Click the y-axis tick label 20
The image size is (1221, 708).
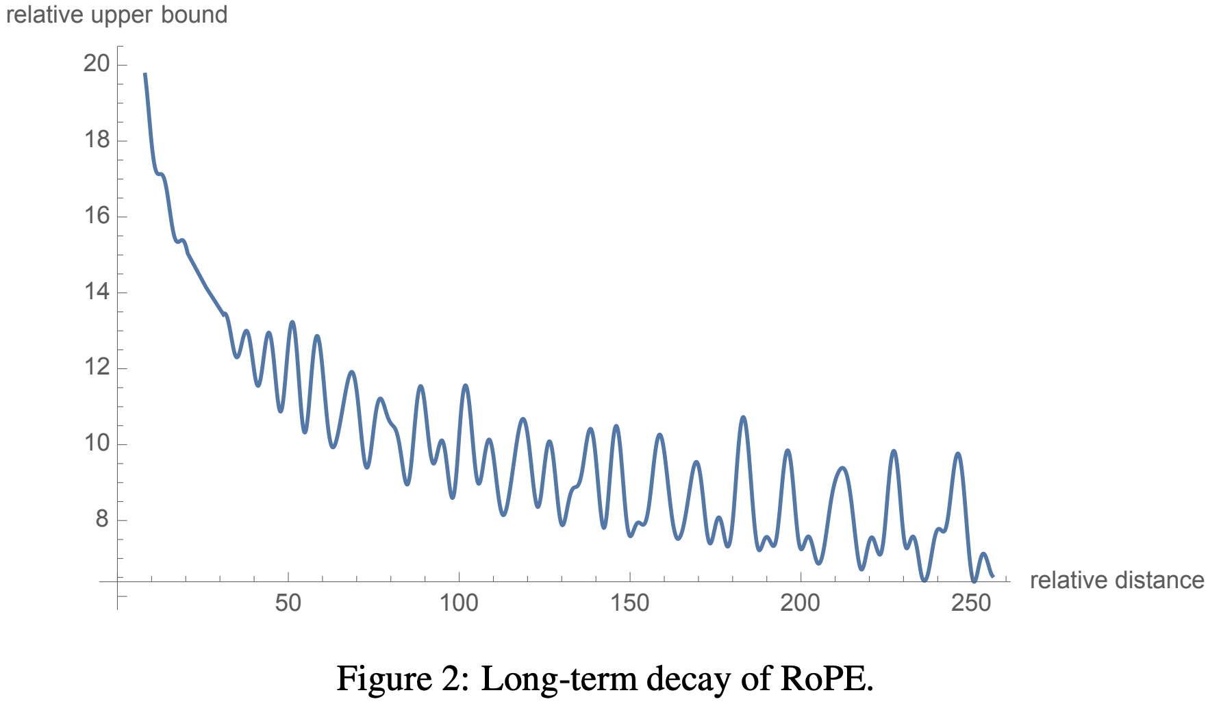coord(97,64)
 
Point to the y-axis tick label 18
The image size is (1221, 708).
coord(97,140)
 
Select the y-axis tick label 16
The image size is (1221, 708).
coord(97,216)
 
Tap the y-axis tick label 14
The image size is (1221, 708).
coord(97,292)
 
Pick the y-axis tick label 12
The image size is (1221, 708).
coord(97,368)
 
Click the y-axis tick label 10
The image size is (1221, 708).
coord(97,444)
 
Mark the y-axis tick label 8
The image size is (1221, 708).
coord(102,520)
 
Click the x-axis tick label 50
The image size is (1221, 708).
coord(288,603)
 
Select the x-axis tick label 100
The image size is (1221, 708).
coord(458,603)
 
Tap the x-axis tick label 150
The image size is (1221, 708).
coord(629,603)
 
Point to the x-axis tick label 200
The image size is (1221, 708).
coord(800,603)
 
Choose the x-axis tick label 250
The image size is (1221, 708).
coord(971,603)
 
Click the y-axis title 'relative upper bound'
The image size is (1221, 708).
coord(116,15)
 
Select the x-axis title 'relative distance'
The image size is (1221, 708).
coord(1116,581)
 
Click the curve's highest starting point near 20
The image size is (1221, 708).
coord(144,73)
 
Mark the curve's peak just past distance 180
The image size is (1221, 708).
coord(743,417)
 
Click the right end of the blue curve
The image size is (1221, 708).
coord(992,577)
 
